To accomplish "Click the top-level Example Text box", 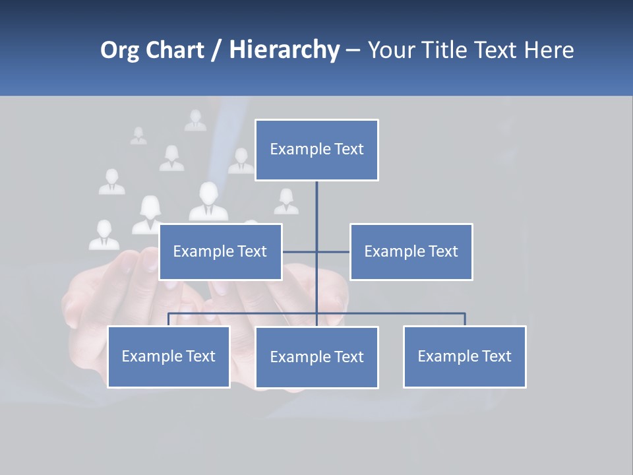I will (316, 150).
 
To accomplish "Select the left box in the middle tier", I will (220, 251).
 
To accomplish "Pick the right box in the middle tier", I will (411, 251).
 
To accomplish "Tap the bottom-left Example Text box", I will (169, 357).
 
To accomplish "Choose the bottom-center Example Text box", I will (316, 358).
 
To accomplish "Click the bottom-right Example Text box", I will (464, 357).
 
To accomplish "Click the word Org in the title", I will (119, 50).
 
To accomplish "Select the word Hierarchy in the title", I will (284, 50).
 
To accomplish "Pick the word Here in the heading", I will (549, 50).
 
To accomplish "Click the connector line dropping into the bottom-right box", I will (465, 319).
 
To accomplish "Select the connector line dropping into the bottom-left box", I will (169, 319).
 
